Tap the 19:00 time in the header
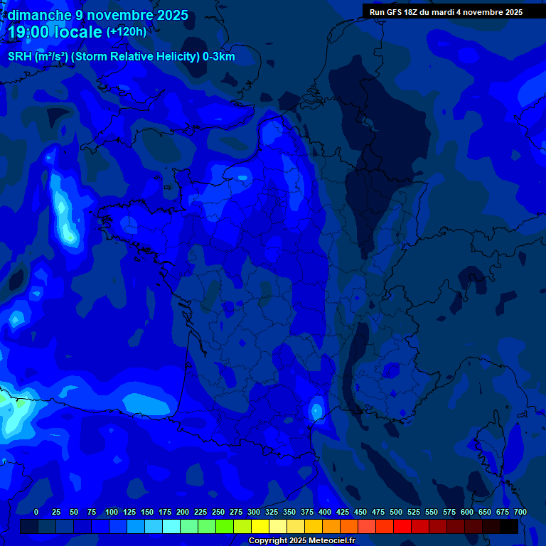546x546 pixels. point(28,32)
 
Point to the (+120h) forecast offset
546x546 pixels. point(127,32)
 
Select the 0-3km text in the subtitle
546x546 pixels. point(219,57)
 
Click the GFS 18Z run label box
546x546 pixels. point(446,11)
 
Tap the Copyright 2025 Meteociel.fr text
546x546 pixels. point(301,541)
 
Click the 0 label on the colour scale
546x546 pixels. point(36,512)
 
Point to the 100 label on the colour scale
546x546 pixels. point(112,512)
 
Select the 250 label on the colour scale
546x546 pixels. point(218,512)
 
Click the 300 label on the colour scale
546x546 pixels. point(254,512)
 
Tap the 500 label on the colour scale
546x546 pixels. point(396,512)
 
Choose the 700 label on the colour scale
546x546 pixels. point(520,512)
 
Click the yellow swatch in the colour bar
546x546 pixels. point(260,527)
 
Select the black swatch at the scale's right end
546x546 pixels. point(509,527)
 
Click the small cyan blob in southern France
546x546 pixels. point(316,409)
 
